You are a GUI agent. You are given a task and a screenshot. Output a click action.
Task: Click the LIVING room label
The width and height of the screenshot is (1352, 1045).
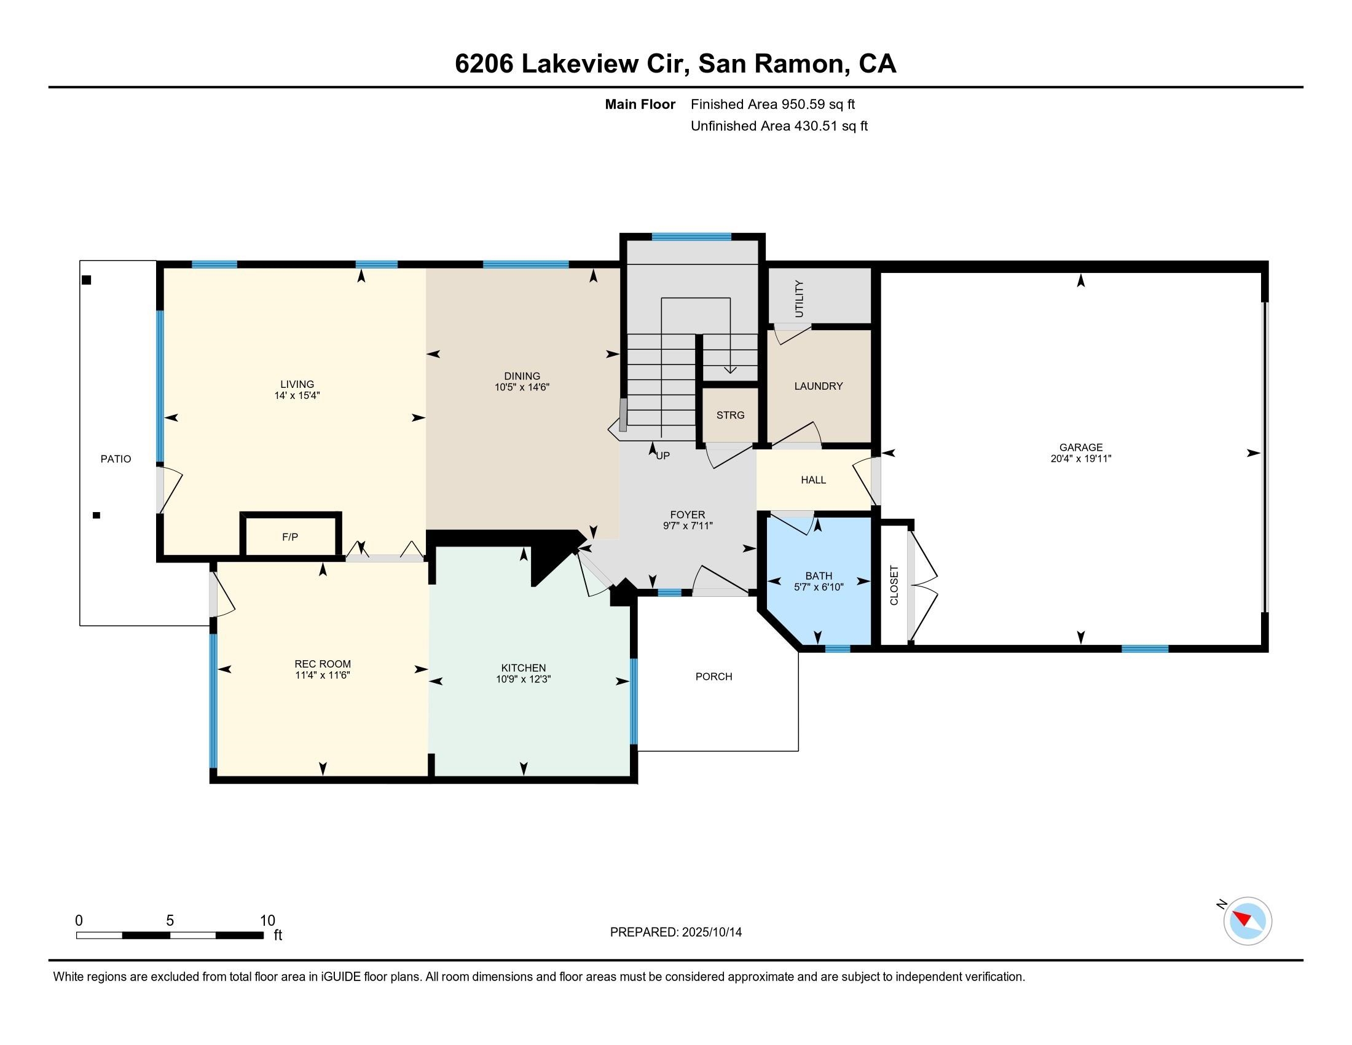pyautogui.click(x=297, y=384)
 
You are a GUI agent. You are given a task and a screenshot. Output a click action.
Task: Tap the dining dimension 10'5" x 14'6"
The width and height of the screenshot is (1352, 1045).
pyautogui.click(x=522, y=387)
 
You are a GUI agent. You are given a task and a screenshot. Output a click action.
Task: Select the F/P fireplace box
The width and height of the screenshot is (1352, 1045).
pyautogui.click(x=289, y=537)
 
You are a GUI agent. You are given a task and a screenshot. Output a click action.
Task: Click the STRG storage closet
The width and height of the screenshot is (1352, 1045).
pyautogui.click(x=730, y=416)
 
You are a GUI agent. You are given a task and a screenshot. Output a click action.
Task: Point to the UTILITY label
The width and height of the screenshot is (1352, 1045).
pyautogui.click(x=798, y=299)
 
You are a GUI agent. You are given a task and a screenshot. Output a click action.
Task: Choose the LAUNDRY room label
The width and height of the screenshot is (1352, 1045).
pyautogui.click(x=819, y=386)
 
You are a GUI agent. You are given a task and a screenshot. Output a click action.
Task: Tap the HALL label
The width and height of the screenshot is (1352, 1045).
pyautogui.click(x=813, y=481)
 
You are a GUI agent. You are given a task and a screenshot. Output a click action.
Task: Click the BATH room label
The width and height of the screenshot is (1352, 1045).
pyautogui.click(x=819, y=576)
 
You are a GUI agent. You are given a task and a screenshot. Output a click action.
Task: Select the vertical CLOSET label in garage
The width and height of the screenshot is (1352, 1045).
pyautogui.click(x=894, y=586)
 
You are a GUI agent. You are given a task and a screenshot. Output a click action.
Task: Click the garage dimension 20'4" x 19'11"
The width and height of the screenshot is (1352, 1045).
pyautogui.click(x=1080, y=459)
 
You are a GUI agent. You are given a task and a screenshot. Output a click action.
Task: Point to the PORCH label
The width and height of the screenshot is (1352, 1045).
pyautogui.click(x=713, y=677)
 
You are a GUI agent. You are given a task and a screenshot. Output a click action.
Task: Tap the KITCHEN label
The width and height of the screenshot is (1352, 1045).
pyautogui.click(x=523, y=668)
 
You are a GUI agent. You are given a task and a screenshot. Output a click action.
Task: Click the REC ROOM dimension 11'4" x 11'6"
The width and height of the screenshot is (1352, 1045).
pyautogui.click(x=323, y=676)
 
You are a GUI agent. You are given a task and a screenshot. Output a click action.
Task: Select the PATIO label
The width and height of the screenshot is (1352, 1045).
pyautogui.click(x=116, y=459)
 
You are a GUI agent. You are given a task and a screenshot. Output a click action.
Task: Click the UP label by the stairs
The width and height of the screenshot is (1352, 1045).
pyautogui.click(x=662, y=456)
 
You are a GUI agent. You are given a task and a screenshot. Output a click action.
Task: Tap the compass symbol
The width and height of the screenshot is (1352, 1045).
pyautogui.click(x=1247, y=921)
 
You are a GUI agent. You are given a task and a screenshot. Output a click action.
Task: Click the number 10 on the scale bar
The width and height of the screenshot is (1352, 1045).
pyautogui.click(x=267, y=921)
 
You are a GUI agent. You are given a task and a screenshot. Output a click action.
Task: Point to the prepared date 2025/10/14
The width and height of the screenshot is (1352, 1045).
pyautogui.click(x=710, y=933)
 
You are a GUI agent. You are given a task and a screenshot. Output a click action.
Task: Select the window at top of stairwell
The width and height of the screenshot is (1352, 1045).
pyautogui.click(x=691, y=237)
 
